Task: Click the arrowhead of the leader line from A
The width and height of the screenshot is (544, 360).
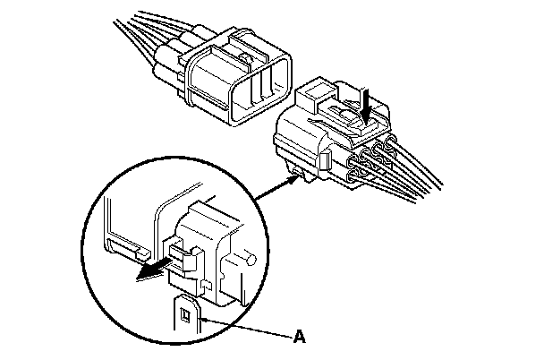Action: (x=205, y=317)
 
